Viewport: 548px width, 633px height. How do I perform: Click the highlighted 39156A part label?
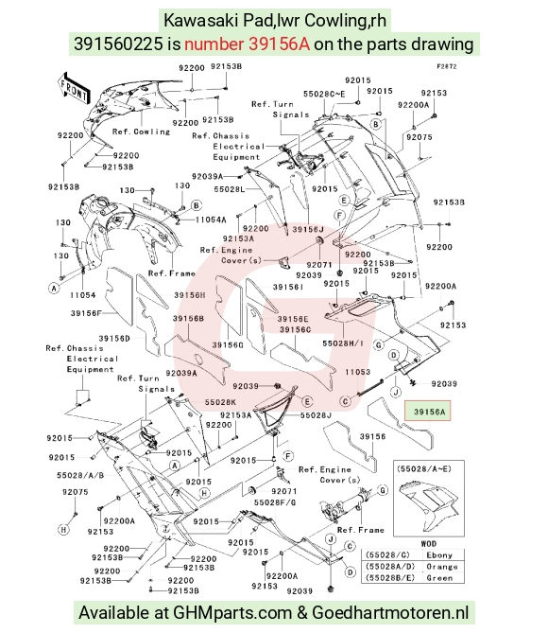[430, 412]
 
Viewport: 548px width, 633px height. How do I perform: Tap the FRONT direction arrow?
[75, 89]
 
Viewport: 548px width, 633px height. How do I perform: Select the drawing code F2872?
[447, 66]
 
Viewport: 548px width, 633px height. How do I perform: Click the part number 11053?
[358, 372]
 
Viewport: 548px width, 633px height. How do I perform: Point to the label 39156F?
[86, 313]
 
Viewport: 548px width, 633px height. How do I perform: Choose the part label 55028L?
[230, 189]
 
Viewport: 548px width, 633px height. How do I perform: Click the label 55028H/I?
[343, 343]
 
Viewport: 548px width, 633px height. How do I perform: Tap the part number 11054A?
[211, 220]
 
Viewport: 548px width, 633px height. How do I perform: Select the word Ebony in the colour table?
[439, 555]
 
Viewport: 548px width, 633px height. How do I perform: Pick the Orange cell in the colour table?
[442, 567]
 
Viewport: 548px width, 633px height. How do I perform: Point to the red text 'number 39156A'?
[248, 44]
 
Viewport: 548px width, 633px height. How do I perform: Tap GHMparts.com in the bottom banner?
[232, 613]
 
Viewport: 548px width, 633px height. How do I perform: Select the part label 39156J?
[308, 229]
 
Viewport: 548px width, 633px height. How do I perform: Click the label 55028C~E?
[324, 94]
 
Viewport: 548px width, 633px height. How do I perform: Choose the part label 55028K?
[220, 402]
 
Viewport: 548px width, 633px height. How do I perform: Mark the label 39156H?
[190, 295]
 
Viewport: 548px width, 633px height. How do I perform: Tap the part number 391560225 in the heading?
[118, 44]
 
